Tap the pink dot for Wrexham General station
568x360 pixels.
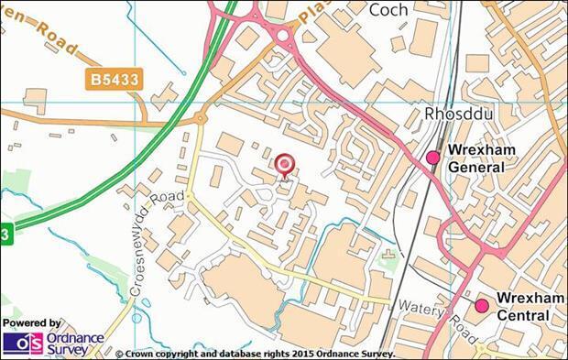(x=433, y=158)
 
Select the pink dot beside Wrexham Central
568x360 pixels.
(x=482, y=305)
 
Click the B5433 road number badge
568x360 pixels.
(x=115, y=81)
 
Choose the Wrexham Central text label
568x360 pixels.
(x=523, y=306)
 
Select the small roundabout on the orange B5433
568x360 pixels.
(x=200, y=118)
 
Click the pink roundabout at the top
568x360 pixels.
(x=283, y=36)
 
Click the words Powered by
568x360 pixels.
(x=32, y=322)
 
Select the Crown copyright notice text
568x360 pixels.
(x=255, y=354)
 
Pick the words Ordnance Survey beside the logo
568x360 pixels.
(x=74, y=344)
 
